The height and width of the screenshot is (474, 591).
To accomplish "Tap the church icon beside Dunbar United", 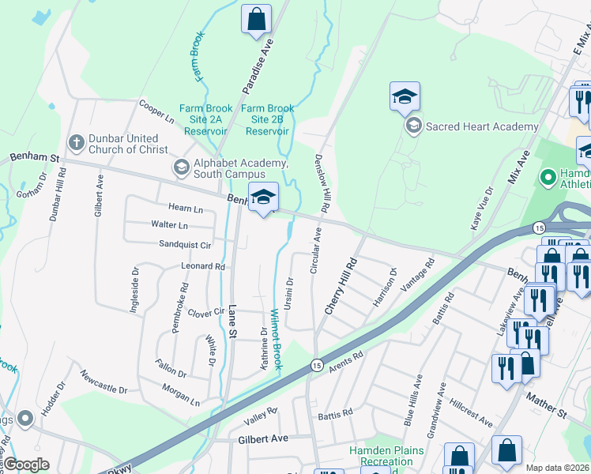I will tap(77, 143).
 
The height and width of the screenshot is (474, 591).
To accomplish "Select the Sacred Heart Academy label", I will tap(471, 126).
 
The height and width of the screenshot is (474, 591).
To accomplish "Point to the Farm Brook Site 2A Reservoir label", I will tap(204, 120).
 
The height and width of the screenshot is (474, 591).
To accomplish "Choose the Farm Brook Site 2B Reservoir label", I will tap(267, 120).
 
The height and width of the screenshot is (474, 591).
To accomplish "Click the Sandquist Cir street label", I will tap(185, 245).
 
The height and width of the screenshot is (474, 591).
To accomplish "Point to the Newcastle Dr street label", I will tap(103, 380).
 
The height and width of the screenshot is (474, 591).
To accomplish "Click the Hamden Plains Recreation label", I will tap(386, 456).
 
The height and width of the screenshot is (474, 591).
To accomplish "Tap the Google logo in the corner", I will tap(25, 465).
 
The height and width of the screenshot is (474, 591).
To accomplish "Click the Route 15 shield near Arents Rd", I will tap(316, 364).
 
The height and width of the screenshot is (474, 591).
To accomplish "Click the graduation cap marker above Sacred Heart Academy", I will tap(405, 96).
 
